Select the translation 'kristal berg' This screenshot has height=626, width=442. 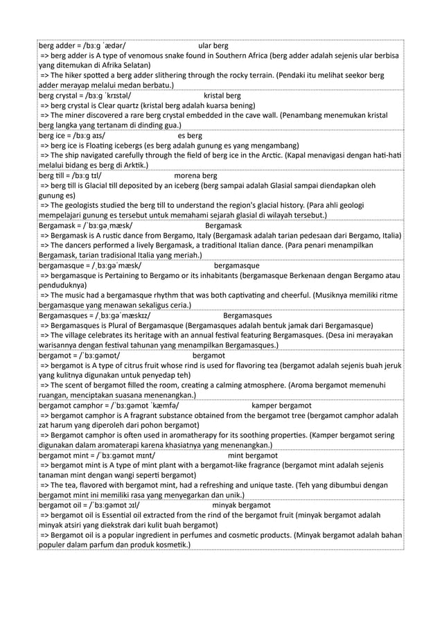coord(222,95)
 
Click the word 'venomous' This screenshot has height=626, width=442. coord(147,56)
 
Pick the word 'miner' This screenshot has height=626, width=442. coord(80,116)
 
